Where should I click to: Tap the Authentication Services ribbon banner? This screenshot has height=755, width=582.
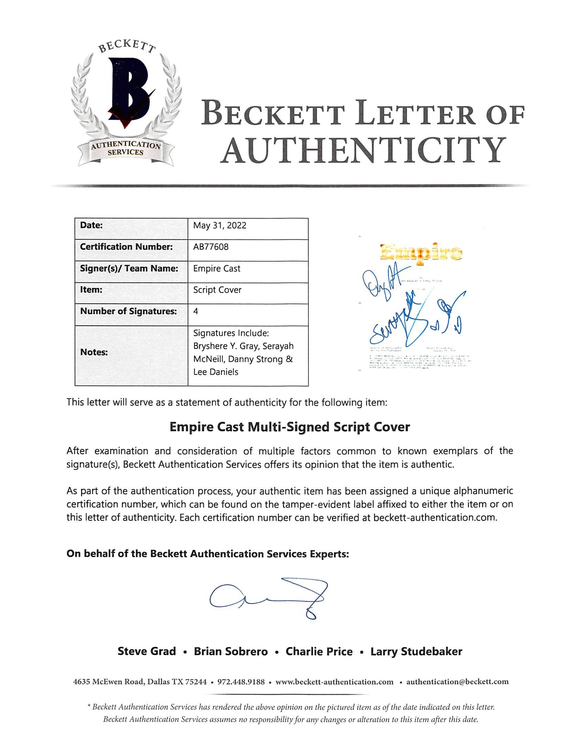click(126, 149)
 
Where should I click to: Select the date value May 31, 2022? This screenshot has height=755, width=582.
click(219, 226)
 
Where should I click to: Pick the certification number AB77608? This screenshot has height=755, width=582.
click(211, 247)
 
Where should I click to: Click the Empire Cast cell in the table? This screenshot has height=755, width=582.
click(216, 269)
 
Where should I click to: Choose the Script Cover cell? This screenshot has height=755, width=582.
click(217, 290)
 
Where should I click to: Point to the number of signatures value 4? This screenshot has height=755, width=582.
click(196, 311)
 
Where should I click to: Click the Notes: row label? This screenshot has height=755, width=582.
click(94, 352)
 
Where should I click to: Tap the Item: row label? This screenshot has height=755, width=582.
click(91, 290)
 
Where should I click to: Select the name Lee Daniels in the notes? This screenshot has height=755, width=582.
click(216, 372)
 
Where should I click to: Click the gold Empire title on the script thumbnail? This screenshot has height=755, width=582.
click(421, 252)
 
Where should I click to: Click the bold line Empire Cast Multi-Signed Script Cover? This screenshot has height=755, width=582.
click(290, 427)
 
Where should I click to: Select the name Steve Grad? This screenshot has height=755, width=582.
click(147, 652)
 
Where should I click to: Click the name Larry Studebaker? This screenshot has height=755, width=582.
click(416, 652)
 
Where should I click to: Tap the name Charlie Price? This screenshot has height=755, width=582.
click(319, 652)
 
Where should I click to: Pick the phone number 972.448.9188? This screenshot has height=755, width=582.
click(241, 682)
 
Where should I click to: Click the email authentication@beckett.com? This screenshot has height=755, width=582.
click(457, 682)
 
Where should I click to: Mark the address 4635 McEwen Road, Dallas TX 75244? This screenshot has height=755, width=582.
click(139, 682)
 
